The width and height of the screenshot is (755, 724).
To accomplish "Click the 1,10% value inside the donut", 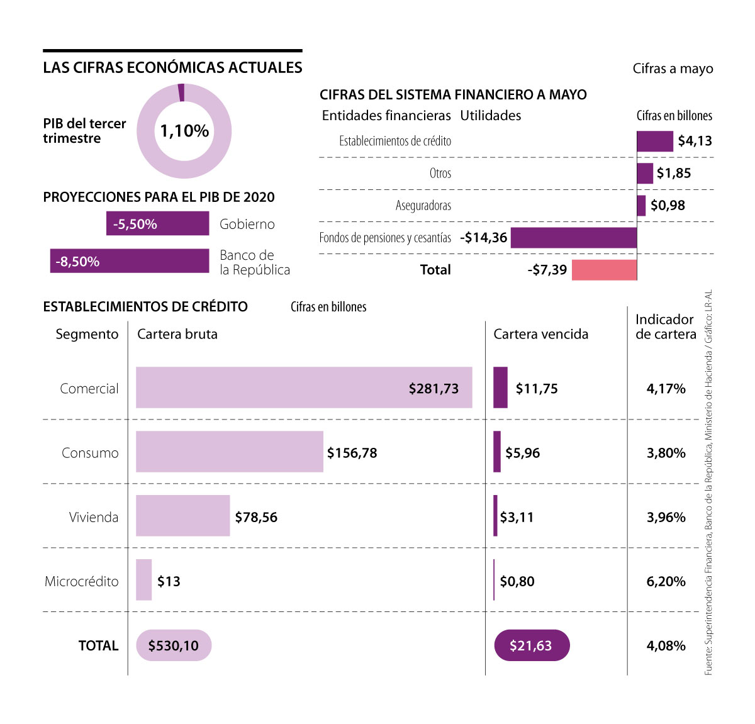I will pos(184,131).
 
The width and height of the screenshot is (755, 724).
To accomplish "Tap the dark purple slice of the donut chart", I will pos(181,92).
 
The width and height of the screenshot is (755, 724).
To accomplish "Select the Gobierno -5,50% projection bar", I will pos(157,224).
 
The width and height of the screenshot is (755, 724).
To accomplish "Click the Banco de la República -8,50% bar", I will pos(130,261).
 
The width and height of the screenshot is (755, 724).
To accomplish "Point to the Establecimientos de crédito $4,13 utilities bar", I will pos(654,141).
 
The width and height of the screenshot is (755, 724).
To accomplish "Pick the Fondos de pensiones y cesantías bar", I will pos(573,238).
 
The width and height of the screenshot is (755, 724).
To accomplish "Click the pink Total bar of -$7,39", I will pos(604,270).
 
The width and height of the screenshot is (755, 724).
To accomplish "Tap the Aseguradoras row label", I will pos(423,206).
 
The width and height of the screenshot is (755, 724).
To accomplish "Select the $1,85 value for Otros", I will pos(673,173).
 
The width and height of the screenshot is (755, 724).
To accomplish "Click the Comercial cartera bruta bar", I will pos(304,388).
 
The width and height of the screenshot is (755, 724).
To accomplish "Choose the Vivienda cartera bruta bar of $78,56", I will pos(182,516).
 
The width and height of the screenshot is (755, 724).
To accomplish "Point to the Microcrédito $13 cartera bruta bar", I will pos(144,580).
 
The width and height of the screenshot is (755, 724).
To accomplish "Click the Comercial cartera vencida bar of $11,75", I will pos(500,387).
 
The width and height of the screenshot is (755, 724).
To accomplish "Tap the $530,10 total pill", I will pos(174,645).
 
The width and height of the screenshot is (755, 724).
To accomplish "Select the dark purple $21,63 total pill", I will pos(532,645).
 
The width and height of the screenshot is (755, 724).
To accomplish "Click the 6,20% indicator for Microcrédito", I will pos(666,581).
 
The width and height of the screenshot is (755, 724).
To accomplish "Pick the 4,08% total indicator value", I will pos(666,645).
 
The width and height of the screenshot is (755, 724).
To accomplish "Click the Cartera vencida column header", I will pos(540,334).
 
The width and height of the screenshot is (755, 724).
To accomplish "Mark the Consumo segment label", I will pos(90,453).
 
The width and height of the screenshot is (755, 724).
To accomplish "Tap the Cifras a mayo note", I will pos(673,69).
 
